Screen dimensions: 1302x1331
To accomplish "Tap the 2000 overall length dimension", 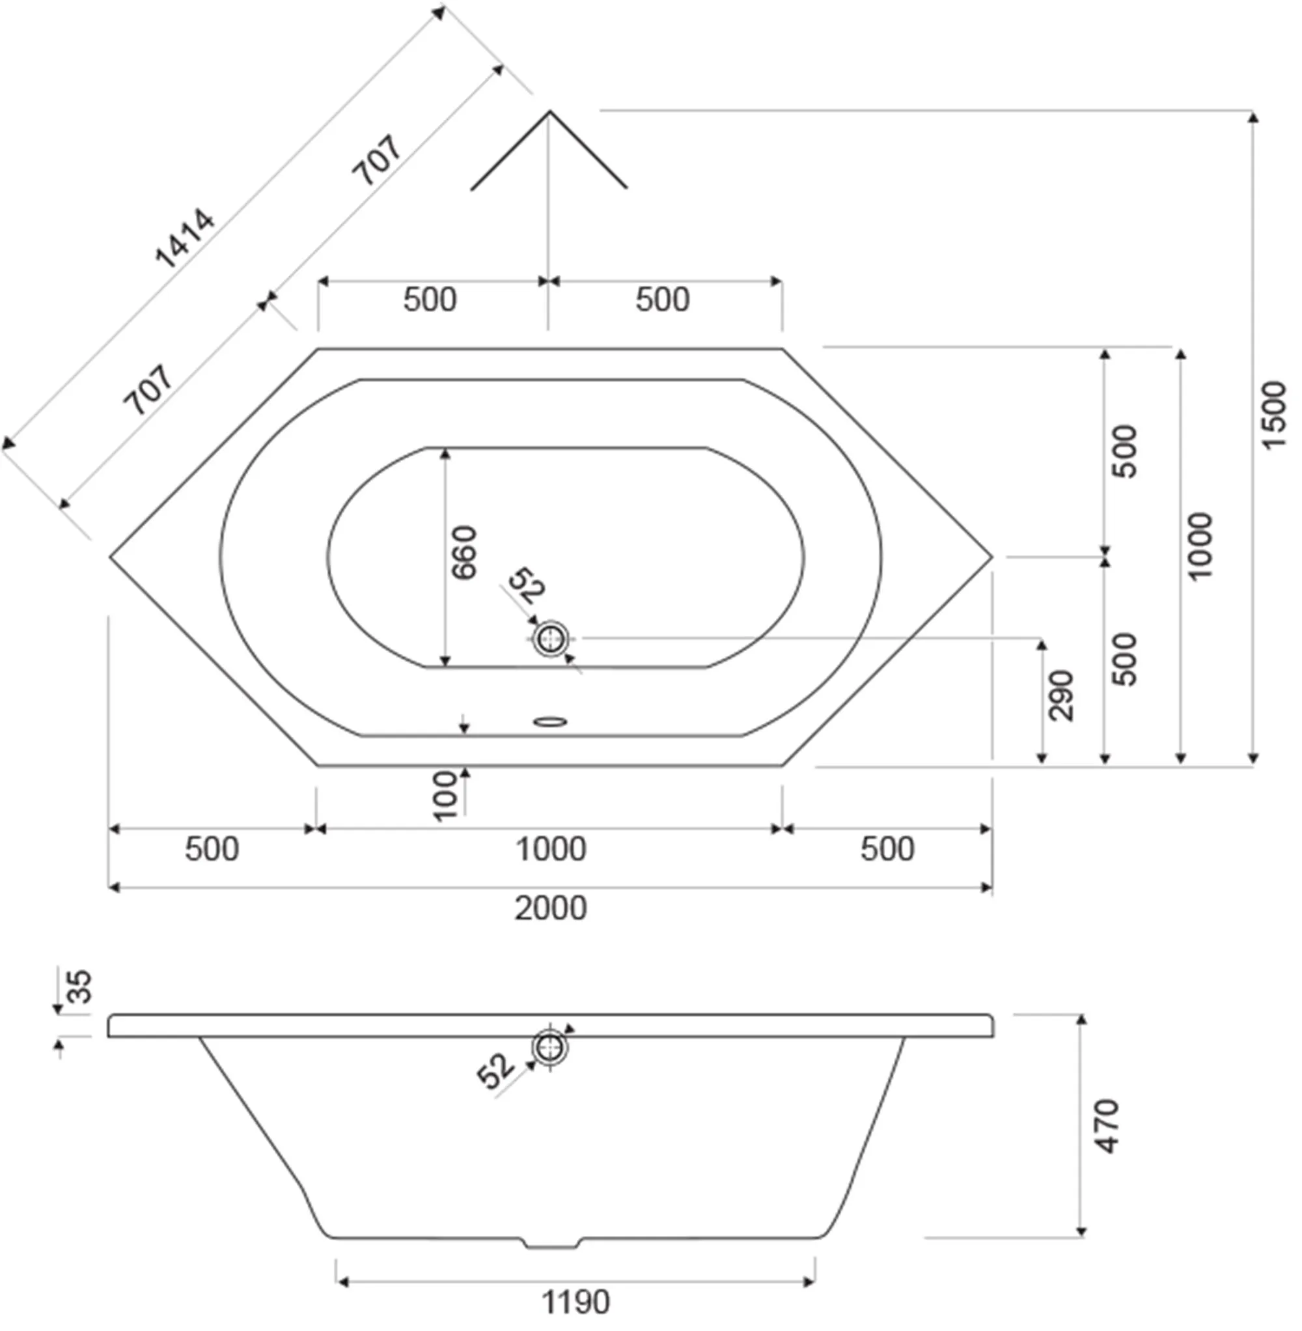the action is pos(551,908).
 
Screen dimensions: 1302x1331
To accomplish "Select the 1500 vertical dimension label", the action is pos(1273,415).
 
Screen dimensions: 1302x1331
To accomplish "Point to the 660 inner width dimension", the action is pos(464,553).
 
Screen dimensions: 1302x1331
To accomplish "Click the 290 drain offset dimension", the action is pos(1061,695).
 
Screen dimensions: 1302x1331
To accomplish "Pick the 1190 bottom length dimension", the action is pos(575,1303).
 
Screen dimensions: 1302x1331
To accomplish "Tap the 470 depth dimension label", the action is pos(1107,1127).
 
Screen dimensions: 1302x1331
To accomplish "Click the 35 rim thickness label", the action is pos(80,986).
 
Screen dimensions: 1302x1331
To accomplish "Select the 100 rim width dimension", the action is pos(445,796).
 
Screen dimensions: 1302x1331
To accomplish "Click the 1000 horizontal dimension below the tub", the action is pos(551,848).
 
